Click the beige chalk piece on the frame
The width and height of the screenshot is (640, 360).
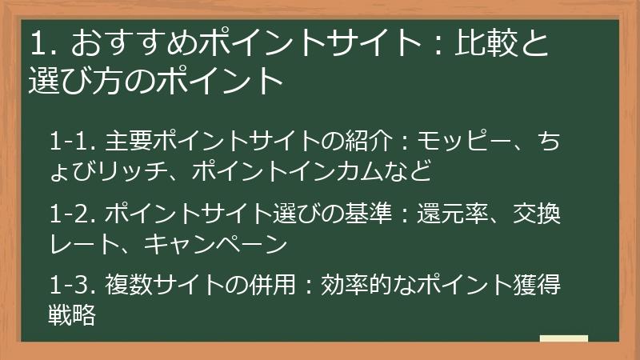tap(563, 339)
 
